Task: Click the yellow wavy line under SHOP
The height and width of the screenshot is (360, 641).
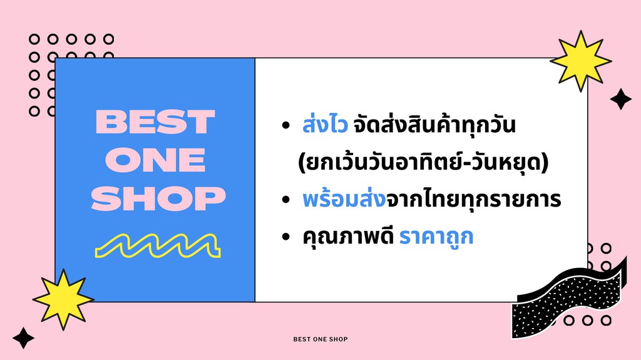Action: pos(157,245)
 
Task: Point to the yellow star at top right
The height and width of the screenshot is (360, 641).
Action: pos(580,61)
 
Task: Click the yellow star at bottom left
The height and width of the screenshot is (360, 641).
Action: pos(63,299)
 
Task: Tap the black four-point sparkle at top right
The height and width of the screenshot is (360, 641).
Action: pos(620,99)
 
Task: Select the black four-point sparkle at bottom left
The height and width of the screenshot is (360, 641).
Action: pos(24,337)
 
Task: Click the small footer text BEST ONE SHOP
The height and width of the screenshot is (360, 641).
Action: pos(320,339)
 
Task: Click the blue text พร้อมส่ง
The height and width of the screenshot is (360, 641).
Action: pos(342,200)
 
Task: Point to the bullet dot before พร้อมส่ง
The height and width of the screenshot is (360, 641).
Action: pos(286,201)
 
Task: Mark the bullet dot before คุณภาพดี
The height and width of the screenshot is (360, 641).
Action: pos(286,238)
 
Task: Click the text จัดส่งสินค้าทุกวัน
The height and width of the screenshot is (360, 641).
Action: pos(434,126)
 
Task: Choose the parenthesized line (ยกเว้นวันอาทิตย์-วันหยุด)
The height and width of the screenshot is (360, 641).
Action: pos(424,163)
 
